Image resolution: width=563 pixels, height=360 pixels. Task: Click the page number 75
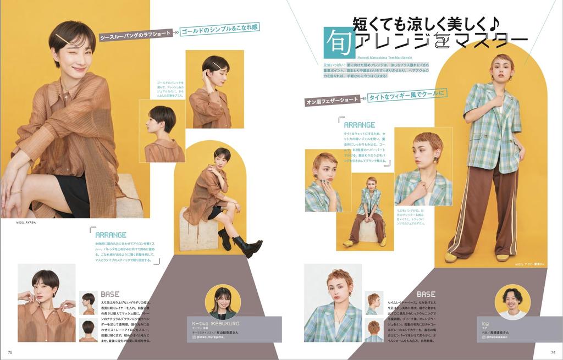pyautogui.click(x=10, y=352)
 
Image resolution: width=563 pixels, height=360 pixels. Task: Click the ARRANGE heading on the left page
pyautogui.click(x=111, y=235)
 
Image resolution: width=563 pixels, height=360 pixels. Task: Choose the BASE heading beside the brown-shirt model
pyautogui.click(x=110, y=295)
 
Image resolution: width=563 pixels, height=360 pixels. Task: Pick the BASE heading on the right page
pyautogui.click(x=426, y=295)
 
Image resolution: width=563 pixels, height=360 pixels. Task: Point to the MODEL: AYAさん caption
pyautogui.click(x=26, y=223)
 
